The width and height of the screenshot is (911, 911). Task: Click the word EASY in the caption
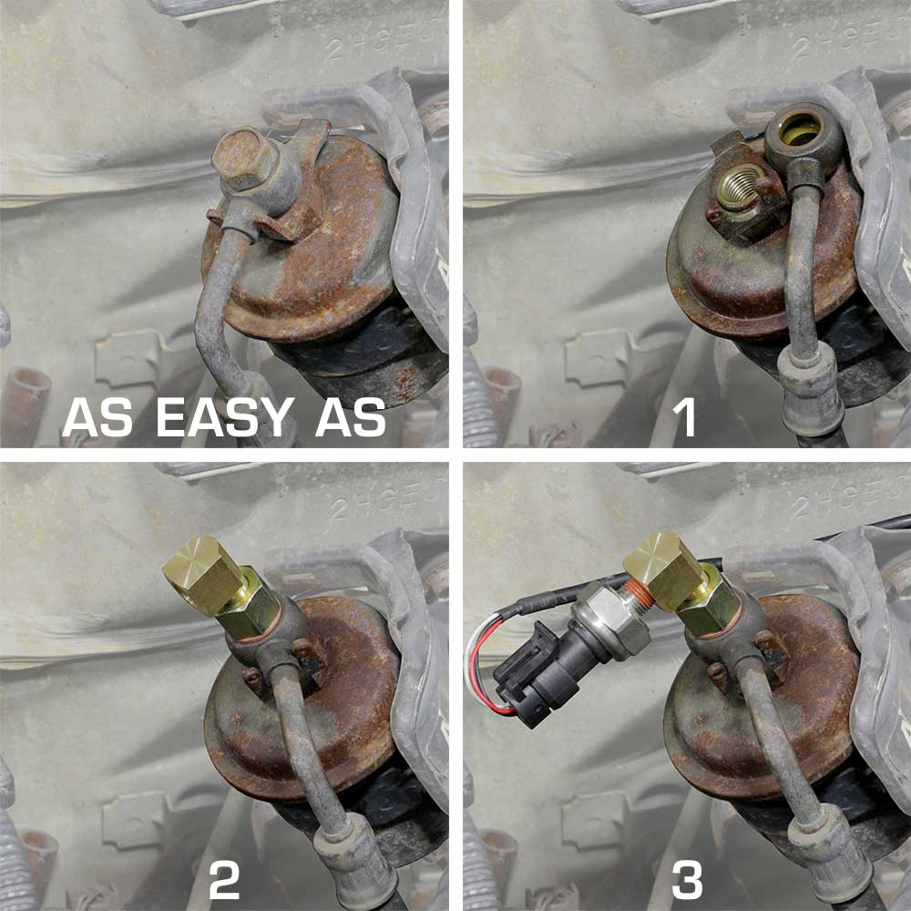[223, 418]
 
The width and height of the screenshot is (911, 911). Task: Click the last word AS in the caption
[351, 418]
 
